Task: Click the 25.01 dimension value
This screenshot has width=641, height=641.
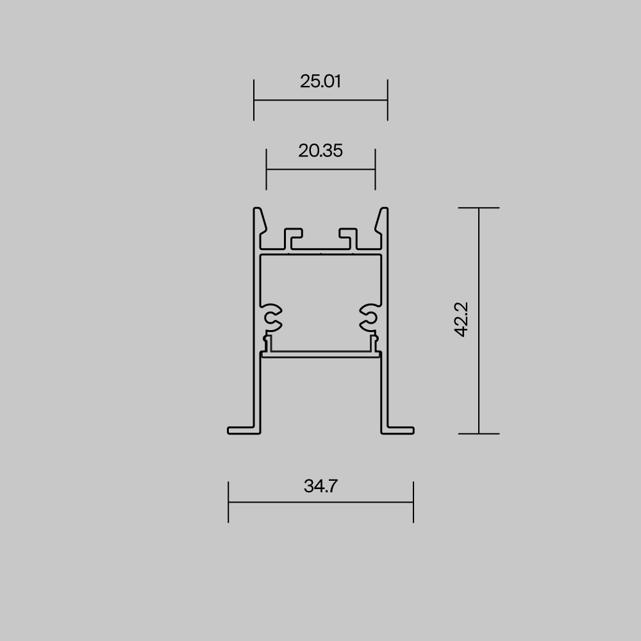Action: coord(320,81)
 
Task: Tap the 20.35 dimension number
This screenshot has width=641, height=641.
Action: coord(320,151)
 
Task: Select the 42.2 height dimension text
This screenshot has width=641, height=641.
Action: coord(462,319)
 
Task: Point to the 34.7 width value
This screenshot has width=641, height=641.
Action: coord(320,486)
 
